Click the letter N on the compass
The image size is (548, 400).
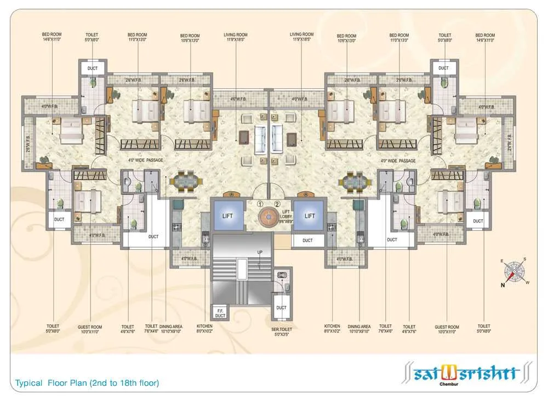pyautogui.click(x=504, y=285)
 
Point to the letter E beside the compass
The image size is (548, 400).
pyautogui.click(x=501, y=261)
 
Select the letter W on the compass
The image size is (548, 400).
pyautogui.click(x=528, y=283)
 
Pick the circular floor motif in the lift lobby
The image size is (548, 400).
pyautogui.click(x=269, y=216)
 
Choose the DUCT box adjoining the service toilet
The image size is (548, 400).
pyautogui.click(x=281, y=307)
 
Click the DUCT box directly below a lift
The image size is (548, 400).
pyautogui.click(x=307, y=240)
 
